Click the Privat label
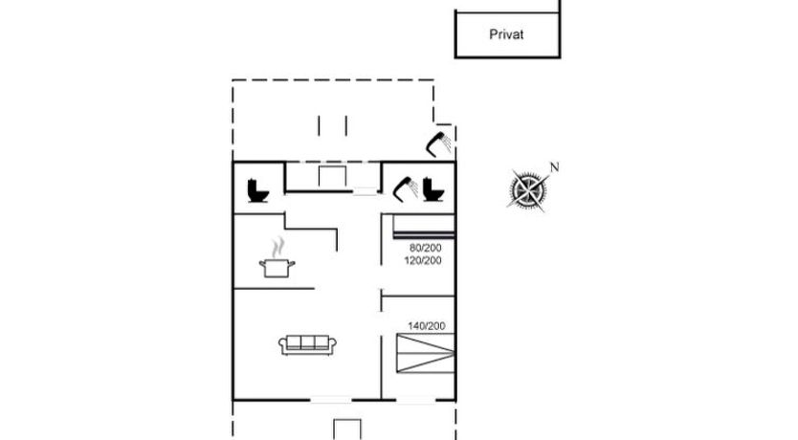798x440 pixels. (x=506, y=34)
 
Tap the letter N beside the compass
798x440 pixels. (x=554, y=166)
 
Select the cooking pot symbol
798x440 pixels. (x=277, y=268)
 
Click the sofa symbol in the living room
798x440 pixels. (x=307, y=344)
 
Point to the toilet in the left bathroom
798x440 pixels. (x=258, y=190)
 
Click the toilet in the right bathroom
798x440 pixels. (x=433, y=189)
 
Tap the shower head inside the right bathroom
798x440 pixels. (x=405, y=188)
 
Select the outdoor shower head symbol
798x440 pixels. (x=438, y=143)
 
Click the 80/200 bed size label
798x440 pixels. (x=426, y=248)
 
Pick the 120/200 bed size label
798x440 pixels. (x=423, y=260)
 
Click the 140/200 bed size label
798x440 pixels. (x=427, y=325)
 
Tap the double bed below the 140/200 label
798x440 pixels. (x=426, y=353)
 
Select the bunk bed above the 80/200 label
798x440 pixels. (x=424, y=226)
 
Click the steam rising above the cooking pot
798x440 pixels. (x=277, y=248)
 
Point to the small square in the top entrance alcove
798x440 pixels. (x=332, y=177)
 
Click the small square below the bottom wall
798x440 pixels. (x=347, y=429)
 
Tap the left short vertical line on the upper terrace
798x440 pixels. (x=319, y=125)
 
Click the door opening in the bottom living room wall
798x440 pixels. (x=331, y=400)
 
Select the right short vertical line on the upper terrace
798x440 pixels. (x=346, y=125)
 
